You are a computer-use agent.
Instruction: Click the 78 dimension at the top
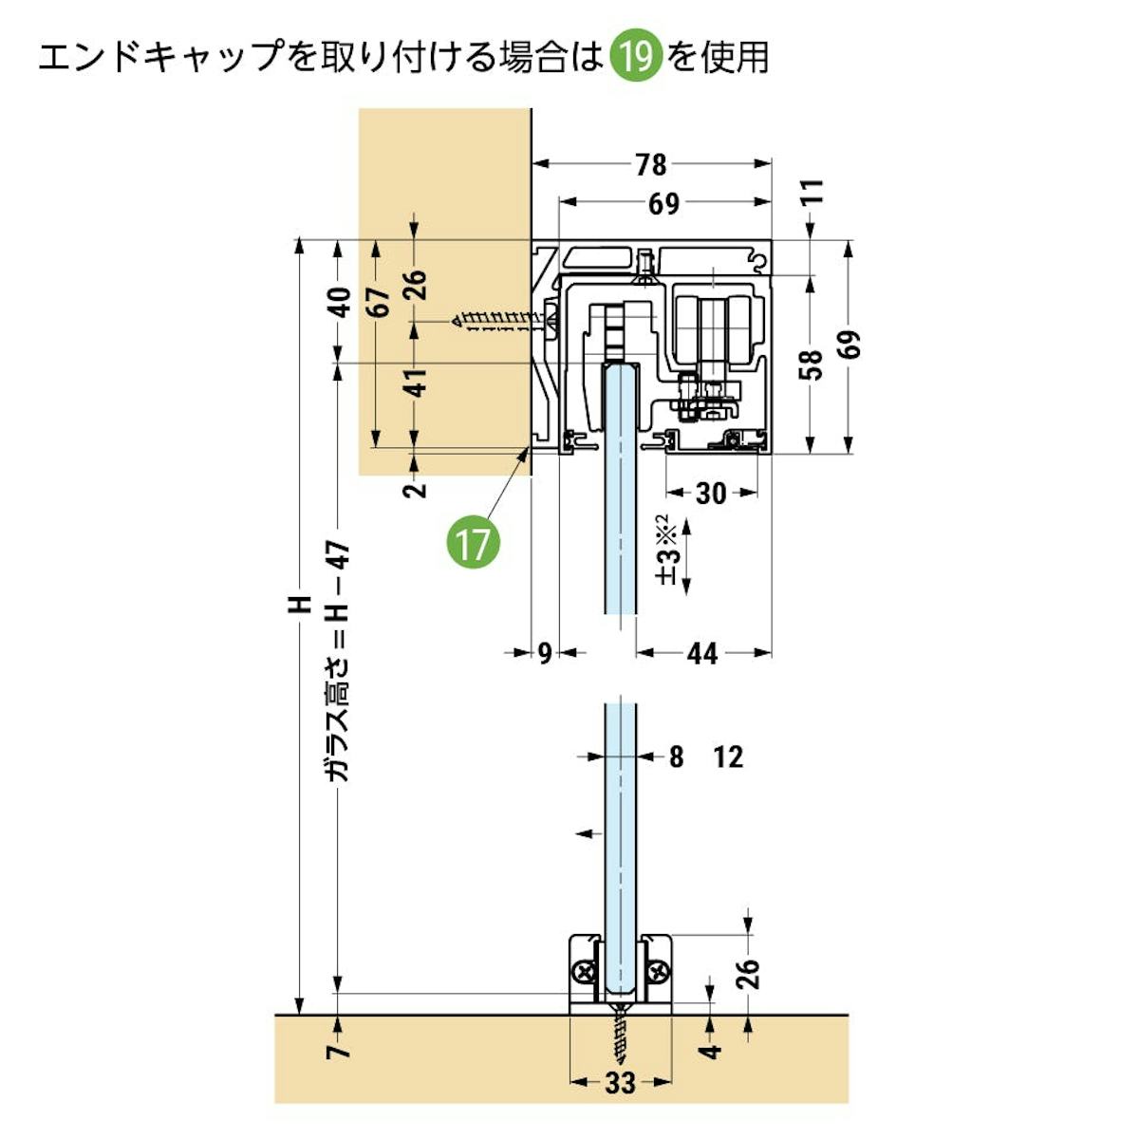651,164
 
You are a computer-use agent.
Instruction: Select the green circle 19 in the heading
635,57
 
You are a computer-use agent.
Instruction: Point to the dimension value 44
701,653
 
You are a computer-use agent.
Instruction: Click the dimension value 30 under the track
711,493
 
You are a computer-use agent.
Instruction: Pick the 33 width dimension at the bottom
620,1082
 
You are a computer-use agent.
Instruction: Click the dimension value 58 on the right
811,364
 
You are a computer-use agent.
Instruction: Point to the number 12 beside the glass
728,757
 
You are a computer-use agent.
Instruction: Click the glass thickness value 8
676,757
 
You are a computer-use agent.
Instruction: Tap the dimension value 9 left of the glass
544,653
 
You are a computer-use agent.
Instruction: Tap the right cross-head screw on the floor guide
658,972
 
